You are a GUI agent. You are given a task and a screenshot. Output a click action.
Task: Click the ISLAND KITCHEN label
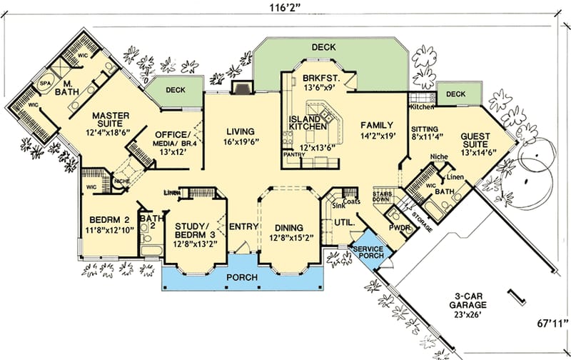click(x=308, y=122)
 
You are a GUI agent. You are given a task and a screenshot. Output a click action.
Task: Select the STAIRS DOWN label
click(x=382, y=196)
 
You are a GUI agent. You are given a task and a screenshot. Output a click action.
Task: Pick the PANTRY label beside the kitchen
click(x=294, y=154)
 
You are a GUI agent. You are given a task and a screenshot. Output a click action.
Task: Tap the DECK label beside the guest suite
click(x=456, y=94)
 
